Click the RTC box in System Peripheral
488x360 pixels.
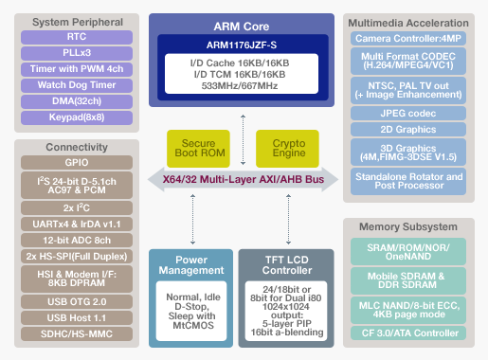pos(78,37)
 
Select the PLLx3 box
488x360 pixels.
pos(78,53)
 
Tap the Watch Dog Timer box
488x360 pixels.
pos(78,85)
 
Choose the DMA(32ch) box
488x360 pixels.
pos(78,101)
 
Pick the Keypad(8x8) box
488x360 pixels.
pos(78,117)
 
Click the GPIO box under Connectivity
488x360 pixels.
pos(78,162)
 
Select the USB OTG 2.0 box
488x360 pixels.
pos(78,301)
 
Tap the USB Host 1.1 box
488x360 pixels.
pos(78,318)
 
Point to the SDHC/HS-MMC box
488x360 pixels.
pos(78,334)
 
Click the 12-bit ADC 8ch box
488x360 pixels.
pos(78,240)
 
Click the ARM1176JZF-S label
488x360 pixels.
pos(243,44)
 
